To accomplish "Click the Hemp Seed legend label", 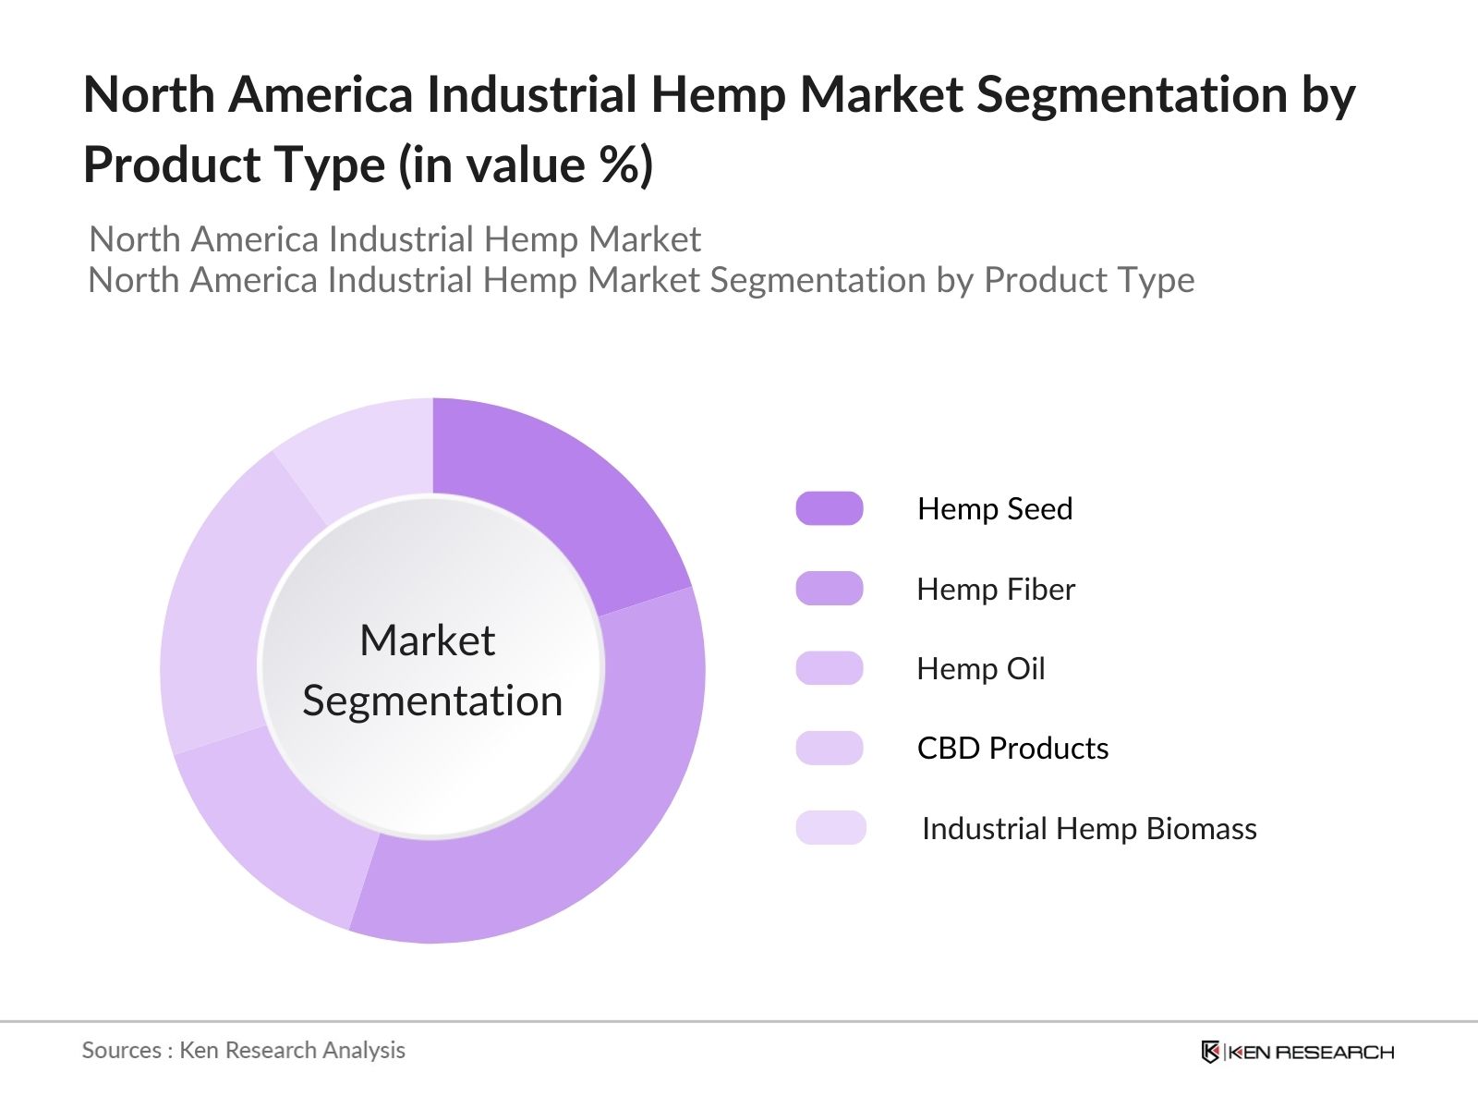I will tap(995, 509).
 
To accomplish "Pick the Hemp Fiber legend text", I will tap(996, 590).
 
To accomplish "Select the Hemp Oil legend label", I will tap(980, 669).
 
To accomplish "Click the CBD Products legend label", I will tap(1012, 749).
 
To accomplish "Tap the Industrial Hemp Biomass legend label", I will tap(1089, 829).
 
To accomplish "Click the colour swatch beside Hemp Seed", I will tap(830, 509).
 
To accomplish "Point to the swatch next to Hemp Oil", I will tap(830, 668).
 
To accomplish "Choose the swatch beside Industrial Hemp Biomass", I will tap(830, 828).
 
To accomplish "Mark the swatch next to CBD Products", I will tap(830, 749).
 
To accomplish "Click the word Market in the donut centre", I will tap(427, 640).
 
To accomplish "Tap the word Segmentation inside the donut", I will tap(432, 701).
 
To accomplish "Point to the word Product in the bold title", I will tap(158, 165).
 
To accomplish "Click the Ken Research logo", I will tap(1297, 1052).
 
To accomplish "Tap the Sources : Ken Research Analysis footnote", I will tap(244, 1051).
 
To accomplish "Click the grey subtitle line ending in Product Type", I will tap(641, 280).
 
